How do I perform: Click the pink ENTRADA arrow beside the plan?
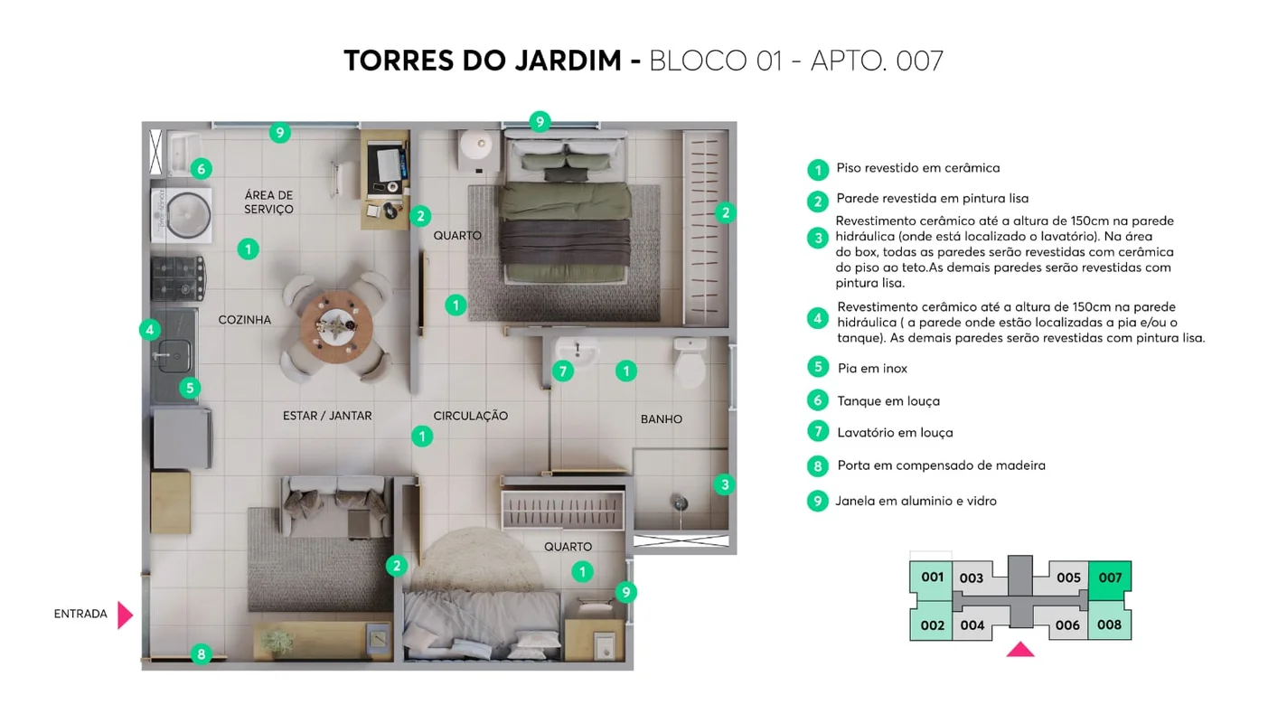(125, 615)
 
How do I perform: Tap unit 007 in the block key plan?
(1110, 578)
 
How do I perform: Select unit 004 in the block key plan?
(972, 625)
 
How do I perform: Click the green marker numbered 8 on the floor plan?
(201, 654)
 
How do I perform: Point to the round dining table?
(336, 324)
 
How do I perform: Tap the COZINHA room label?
(244, 320)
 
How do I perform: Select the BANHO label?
(661, 419)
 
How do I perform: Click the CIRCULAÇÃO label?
(470, 417)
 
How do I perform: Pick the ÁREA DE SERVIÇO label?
(269, 202)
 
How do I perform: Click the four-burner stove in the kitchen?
(177, 278)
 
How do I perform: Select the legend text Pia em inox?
(872, 369)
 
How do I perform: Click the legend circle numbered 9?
(817, 501)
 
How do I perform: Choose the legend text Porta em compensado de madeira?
(941, 465)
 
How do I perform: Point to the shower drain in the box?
(680, 503)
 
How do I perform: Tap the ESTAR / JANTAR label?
(327, 417)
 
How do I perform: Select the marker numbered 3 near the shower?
(725, 485)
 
